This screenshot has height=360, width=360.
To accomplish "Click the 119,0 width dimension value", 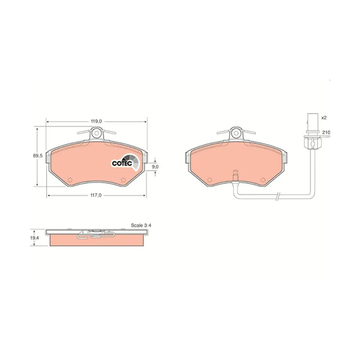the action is pyautogui.click(x=96, y=121).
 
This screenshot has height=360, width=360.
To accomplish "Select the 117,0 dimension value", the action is pyautogui.click(x=96, y=195).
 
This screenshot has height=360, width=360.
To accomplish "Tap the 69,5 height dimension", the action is pyautogui.click(x=38, y=156).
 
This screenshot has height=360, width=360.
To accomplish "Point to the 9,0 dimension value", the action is pyautogui.click(x=155, y=167).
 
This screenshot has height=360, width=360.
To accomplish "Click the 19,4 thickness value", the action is pyautogui.click(x=35, y=238).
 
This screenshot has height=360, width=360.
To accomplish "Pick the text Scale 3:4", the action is pyautogui.click(x=141, y=225).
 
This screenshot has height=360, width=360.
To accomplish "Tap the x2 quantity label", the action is pyautogui.click(x=324, y=118).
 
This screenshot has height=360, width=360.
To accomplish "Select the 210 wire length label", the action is pyautogui.click(x=326, y=132).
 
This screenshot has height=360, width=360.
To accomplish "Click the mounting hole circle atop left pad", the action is pyautogui.click(x=96, y=133).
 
